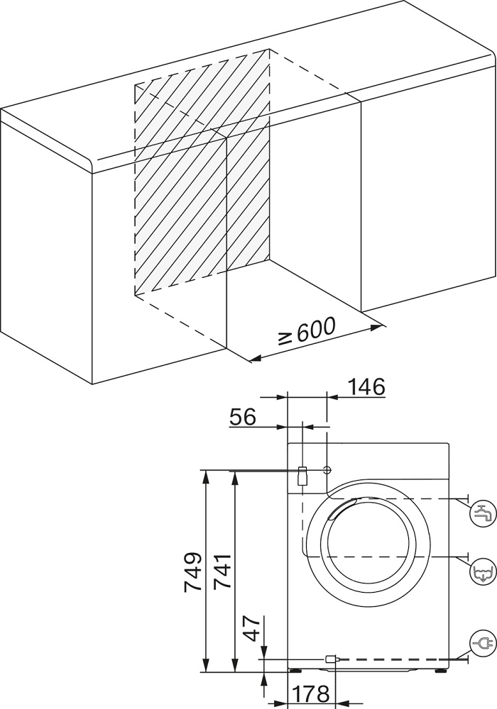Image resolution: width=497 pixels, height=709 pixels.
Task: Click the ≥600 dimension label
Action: (306, 333)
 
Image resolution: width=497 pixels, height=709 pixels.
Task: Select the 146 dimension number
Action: (366, 387)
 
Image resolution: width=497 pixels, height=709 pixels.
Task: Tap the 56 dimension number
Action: (242, 416)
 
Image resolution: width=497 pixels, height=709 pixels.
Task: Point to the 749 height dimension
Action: (193, 571)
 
